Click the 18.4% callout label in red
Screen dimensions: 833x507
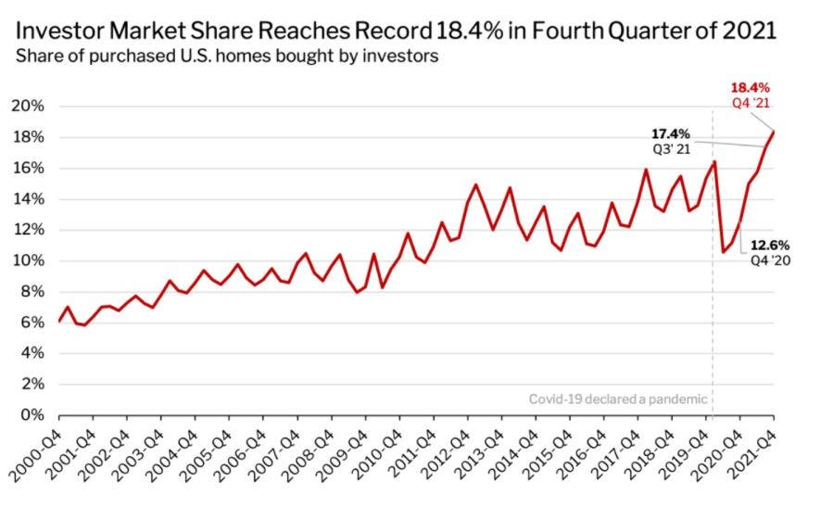pyautogui.click(x=751, y=88)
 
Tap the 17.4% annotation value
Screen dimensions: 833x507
pyautogui.click(x=671, y=133)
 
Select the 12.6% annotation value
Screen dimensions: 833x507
pyautogui.click(x=770, y=246)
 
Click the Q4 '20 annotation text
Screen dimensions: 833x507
pyautogui.click(x=770, y=260)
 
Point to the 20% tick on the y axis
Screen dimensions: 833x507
pyautogui.click(x=28, y=106)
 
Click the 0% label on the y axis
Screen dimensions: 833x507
pyautogui.click(x=32, y=414)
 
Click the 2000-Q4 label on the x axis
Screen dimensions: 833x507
pyautogui.click(x=35, y=457)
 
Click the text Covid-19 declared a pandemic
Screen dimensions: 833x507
pyautogui.click(x=618, y=399)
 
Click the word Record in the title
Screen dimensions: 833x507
pyautogui.click(x=393, y=31)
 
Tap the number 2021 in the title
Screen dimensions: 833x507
pyautogui.click(x=749, y=31)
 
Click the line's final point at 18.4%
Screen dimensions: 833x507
pyautogui.click(x=774, y=132)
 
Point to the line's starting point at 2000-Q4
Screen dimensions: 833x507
pyautogui.click(x=59, y=321)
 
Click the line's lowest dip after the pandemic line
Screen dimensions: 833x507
pyautogui.click(x=723, y=251)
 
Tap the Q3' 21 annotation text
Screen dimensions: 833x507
pyautogui.click(x=672, y=149)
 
